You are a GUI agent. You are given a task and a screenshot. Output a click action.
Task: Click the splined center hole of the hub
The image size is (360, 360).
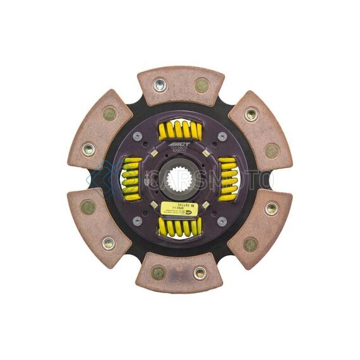coord(180,179)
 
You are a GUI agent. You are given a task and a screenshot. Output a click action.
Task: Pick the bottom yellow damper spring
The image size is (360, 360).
coord(181,225)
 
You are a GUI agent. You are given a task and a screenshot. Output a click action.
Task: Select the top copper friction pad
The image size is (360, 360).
coord(181,85)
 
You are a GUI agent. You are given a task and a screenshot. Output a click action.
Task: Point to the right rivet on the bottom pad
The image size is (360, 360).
coord(200,273)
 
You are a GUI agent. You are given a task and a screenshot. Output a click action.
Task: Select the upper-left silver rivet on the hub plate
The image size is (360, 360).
coord(138,136)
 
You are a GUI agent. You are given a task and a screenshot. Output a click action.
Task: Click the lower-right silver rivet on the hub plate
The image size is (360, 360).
coord(222,221)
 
